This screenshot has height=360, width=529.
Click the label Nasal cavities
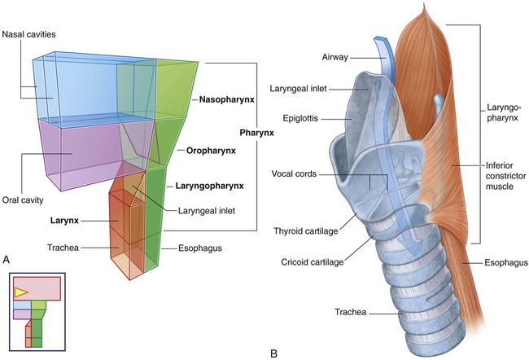pyautogui.click(x=31, y=35)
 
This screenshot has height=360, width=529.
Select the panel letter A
pyautogui.click(x=7, y=259)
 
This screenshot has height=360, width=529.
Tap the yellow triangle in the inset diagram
pyautogui.click(x=21, y=291)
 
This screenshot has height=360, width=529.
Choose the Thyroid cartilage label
pyautogui.click(x=307, y=230)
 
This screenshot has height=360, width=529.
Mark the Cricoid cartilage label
pyautogui.click(x=308, y=262)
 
